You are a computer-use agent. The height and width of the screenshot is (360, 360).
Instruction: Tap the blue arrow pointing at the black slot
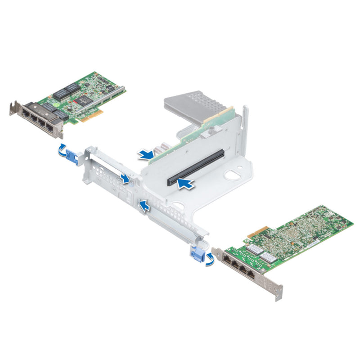pyautogui.click(x=185, y=183)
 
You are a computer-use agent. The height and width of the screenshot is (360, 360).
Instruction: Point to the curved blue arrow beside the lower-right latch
pyautogui.click(x=210, y=260)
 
